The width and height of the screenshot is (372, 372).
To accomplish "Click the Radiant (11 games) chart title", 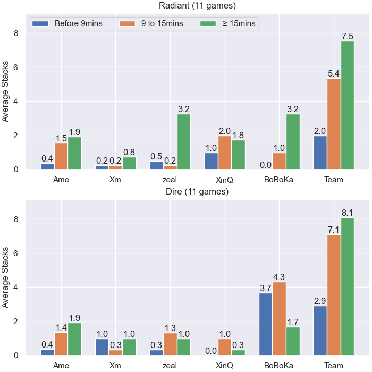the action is click(x=197, y=5).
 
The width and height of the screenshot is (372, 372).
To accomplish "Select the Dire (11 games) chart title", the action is click(x=197, y=191).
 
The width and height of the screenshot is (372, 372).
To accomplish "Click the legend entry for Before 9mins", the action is click(x=67, y=23).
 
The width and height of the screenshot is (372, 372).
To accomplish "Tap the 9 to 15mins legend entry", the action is click(x=151, y=23).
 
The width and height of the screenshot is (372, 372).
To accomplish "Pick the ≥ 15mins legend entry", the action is click(x=228, y=23).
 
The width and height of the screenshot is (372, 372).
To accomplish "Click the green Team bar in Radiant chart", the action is click(x=348, y=105).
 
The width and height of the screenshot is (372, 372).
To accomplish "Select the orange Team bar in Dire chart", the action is click(x=334, y=295).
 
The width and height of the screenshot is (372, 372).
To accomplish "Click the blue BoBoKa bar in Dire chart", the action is click(x=266, y=324).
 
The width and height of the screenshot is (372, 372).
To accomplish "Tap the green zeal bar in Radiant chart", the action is click(x=184, y=142).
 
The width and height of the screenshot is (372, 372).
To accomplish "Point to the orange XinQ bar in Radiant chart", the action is click(x=225, y=153).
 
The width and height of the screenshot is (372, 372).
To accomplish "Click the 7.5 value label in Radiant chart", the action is click(x=348, y=36).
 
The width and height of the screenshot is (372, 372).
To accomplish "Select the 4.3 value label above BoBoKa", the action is click(x=279, y=277).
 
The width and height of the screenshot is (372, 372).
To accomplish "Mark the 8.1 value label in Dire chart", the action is click(x=348, y=213).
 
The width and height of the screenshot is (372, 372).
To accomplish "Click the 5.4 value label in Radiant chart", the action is click(x=334, y=73).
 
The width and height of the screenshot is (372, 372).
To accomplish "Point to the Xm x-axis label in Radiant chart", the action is click(x=115, y=180).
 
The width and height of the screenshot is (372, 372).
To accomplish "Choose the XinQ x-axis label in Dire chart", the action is click(x=224, y=366).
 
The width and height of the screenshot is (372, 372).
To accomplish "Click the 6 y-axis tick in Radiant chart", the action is click(x=16, y=67).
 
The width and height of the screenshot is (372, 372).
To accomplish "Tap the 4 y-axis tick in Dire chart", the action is click(x=16, y=288).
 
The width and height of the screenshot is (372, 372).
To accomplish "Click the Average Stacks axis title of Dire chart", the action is click(x=5, y=277).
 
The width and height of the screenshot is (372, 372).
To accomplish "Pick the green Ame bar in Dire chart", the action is click(x=74, y=339).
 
